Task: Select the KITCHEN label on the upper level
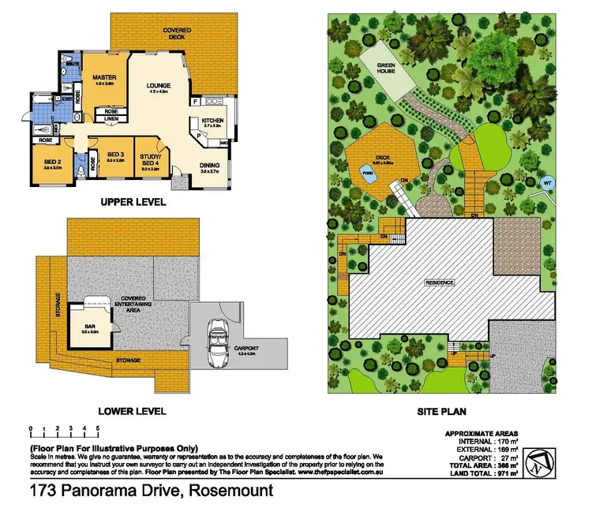213,119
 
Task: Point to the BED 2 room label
52,163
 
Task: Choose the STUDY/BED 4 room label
148,159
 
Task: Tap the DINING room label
210,165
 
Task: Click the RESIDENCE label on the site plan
440,282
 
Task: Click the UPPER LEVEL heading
133,202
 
